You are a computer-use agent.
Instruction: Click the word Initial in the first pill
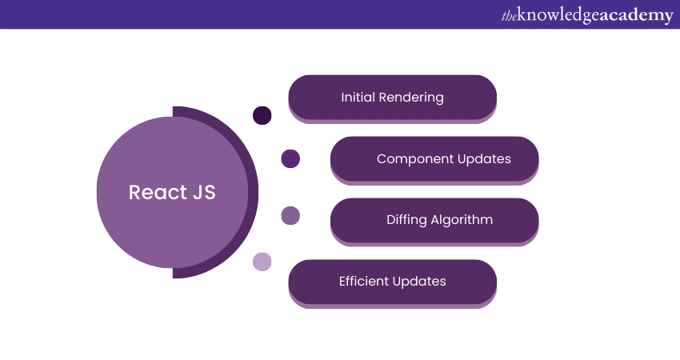coord(358,97)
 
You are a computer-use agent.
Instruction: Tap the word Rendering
coord(411,98)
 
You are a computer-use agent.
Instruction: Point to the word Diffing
coord(406,220)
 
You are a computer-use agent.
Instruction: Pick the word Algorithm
coord(462,220)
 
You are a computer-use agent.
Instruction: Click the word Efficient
coord(364,281)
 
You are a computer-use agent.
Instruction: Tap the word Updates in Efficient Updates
coord(419,282)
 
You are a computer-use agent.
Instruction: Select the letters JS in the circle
coord(204,192)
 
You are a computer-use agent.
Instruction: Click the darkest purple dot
coord(262,115)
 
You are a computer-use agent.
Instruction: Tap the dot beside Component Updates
coord(290,158)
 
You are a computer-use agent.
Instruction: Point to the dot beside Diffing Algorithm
coord(290,215)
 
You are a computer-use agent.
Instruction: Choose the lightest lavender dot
coord(262,262)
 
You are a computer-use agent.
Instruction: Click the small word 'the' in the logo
coord(509,16)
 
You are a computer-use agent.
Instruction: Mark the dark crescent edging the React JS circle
coord(254,192)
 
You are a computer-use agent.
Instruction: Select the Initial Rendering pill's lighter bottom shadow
coord(393,121)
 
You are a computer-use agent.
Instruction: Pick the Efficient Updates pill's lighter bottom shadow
coord(393,306)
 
